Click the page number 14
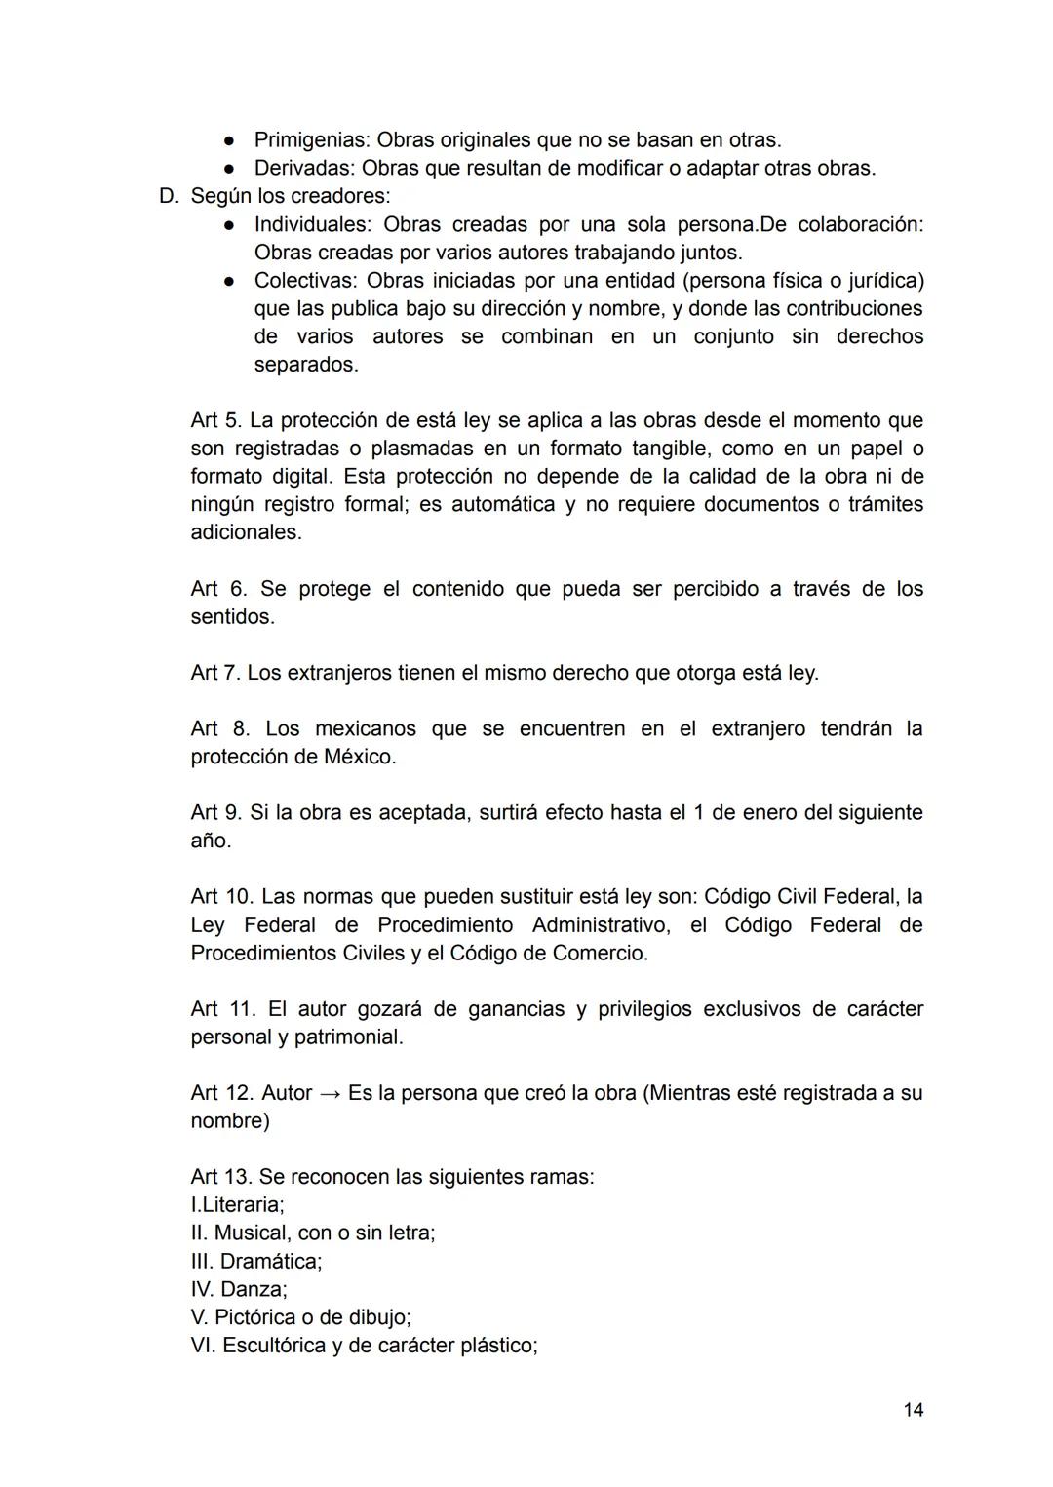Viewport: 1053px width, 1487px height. pos(913,1409)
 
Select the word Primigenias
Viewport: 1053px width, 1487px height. pos(311,139)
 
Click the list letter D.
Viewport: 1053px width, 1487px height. pos(169,196)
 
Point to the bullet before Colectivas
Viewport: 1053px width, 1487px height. pos(227,281)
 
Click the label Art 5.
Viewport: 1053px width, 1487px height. pos(215,420)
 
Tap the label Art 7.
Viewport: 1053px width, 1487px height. pos(215,673)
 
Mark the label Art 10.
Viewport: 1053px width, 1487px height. pos(221,896)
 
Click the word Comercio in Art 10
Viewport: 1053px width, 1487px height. pos(599,953)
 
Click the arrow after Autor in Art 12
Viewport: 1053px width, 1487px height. pos(330,1093)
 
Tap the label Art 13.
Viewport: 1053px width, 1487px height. pos(221,1177)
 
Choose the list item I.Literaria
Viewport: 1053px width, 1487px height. pos(237,1205)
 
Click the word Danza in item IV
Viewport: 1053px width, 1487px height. pos(253,1289)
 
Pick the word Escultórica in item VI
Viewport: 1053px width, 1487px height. pos(275,1346)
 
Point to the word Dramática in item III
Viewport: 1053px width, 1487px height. pos(270,1261)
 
